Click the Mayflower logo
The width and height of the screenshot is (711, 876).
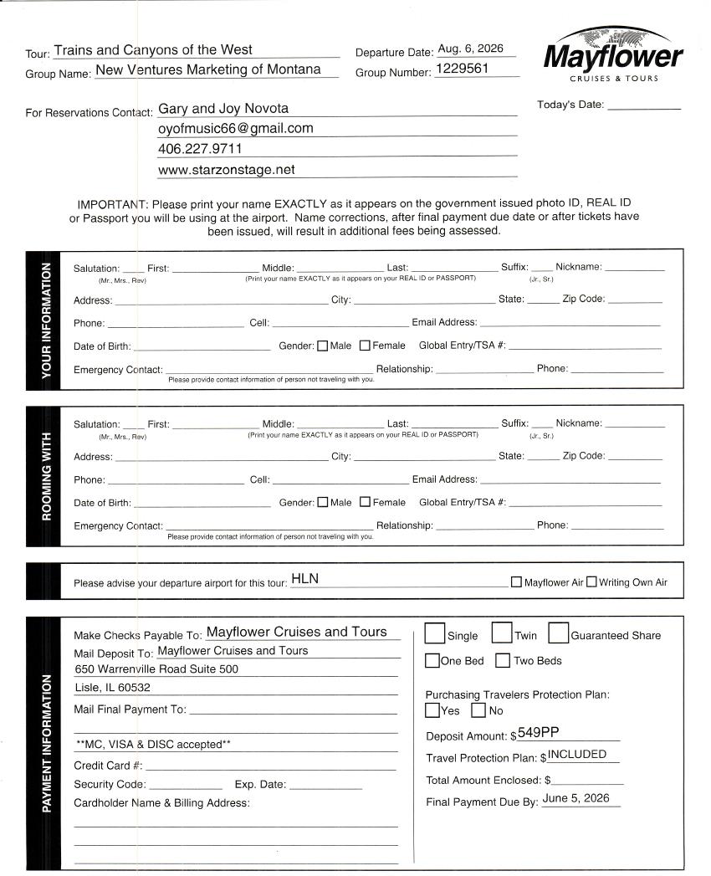(613, 55)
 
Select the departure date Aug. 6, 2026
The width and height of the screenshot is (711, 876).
(471, 49)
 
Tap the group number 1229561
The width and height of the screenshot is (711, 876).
(462, 69)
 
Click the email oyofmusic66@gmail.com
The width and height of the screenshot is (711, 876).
(236, 129)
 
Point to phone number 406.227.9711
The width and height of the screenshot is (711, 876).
(200, 149)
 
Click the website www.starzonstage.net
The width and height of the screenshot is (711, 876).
(226, 170)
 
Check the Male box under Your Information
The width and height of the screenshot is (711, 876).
(323, 346)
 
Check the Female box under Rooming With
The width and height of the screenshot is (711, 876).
(365, 503)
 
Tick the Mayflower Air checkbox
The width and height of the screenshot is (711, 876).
(516, 582)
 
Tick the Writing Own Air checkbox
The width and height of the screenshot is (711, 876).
(591, 582)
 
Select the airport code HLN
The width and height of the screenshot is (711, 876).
(305, 579)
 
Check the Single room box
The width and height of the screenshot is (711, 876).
(435, 633)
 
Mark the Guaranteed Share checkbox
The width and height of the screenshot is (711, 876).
(558, 633)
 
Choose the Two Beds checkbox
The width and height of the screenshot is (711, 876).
(503, 661)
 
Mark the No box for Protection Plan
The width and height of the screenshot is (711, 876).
(478, 711)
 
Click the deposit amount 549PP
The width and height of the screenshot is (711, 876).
(538, 733)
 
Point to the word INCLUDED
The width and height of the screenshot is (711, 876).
(577, 755)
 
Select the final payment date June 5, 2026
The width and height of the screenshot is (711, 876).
(576, 799)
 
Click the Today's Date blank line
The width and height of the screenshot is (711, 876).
(643, 108)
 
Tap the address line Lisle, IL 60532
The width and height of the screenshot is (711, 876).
(113, 688)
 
